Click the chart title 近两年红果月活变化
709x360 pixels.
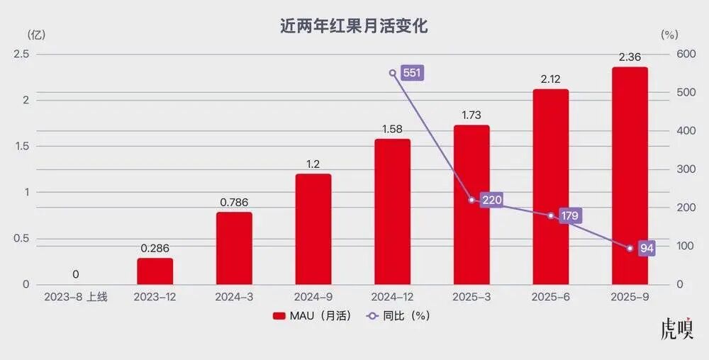[354, 27]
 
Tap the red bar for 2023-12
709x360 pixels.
[155, 271]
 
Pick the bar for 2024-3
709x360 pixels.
[234, 248]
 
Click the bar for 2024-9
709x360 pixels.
[313, 229]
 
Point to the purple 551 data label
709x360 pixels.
[412, 73]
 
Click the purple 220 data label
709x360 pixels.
[491, 200]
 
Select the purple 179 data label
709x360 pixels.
[570, 215]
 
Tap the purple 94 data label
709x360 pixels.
[645, 248]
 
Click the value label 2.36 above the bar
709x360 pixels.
[630, 57]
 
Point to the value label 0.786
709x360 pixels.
[234, 202]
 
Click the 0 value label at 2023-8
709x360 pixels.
[76, 274]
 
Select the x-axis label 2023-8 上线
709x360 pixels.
[76, 297]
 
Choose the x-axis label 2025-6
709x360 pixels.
[551, 297]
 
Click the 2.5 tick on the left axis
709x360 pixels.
[21, 54]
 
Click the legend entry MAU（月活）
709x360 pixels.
[312, 316]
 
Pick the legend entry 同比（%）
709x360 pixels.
[398, 316]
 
